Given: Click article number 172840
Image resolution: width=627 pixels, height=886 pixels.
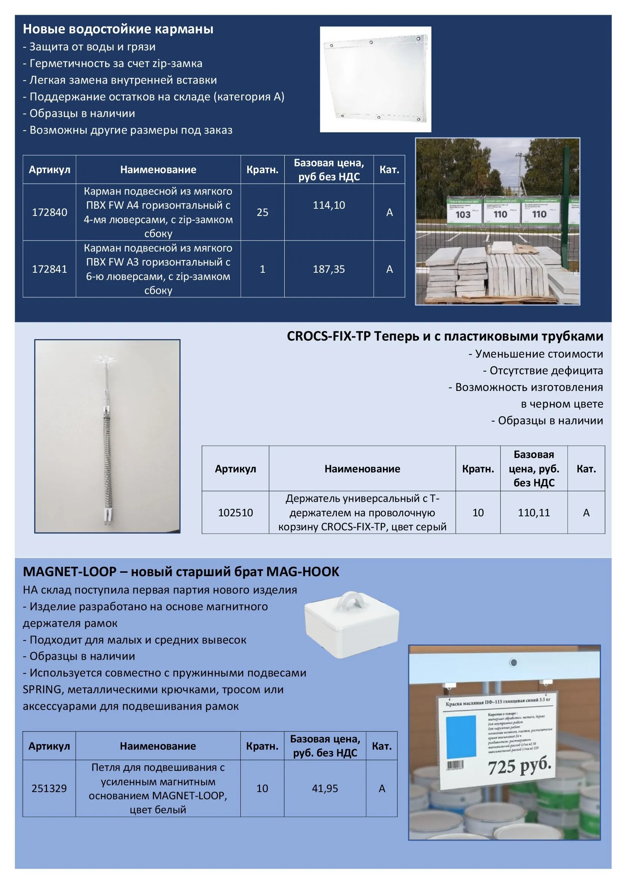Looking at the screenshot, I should [49, 212].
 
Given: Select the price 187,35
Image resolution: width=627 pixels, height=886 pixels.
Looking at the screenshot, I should [329, 269].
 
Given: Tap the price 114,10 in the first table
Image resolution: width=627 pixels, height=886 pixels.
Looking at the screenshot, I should [329, 205].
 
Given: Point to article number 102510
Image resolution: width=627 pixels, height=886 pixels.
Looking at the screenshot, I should [235, 513].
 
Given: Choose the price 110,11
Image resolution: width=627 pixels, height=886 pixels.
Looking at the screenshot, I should [534, 513].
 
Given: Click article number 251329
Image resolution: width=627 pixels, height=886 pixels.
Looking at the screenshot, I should [49, 788].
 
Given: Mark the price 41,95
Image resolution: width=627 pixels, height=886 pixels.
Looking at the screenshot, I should [325, 788].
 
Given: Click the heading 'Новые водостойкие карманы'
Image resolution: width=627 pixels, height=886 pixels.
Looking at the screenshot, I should [118, 29].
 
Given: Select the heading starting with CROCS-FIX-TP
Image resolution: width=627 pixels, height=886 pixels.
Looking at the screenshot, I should [445, 336].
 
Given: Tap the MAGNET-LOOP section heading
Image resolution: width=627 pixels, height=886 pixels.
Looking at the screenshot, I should [181, 572].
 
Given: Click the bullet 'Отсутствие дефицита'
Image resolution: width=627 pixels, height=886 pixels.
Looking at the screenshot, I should [543, 370].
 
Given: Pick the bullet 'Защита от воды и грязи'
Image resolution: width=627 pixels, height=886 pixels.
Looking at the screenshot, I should [89, 47].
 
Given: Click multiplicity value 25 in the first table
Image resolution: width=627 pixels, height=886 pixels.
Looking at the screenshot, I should [262, 212].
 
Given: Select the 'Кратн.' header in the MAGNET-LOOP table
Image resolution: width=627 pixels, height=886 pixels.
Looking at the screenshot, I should [262, 746].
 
